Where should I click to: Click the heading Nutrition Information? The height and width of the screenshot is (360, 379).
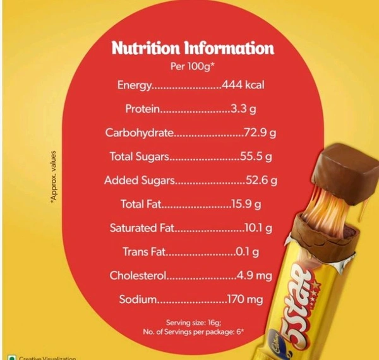193,48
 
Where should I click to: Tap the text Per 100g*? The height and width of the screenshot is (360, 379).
193,65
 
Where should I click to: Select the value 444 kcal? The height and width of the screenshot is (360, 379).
243,85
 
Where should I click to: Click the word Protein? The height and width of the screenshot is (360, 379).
143,109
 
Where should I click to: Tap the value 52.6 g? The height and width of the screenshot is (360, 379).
262,181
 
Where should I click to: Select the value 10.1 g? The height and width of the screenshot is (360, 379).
260,228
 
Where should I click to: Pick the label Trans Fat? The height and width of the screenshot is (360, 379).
144,252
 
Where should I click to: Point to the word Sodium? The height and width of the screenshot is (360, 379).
138,299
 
